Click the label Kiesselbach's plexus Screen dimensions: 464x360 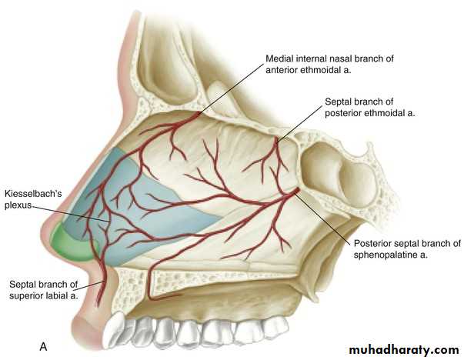point(33,199)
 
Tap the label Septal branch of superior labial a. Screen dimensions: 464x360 point(44,290)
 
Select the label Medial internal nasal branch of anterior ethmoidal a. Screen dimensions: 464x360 point(329,64)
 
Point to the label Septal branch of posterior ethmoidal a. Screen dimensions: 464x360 point(370,107)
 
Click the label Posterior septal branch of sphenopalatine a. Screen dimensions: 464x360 point(407,249)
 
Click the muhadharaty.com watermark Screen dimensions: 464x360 point(404,350)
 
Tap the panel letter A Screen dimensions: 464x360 point(43,346)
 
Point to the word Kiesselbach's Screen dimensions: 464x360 point(33,194)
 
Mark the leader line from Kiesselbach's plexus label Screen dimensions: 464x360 point(71,214)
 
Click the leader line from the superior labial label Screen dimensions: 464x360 point(91,285)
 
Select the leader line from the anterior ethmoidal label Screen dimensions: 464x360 point(230,88)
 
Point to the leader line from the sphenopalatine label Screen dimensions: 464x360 point(324,219)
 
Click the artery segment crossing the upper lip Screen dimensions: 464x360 point(101,284)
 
